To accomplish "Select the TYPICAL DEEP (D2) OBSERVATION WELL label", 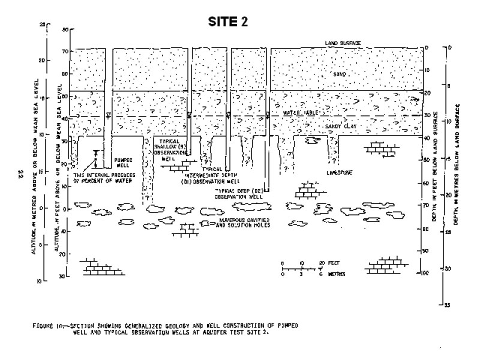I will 240,194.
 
